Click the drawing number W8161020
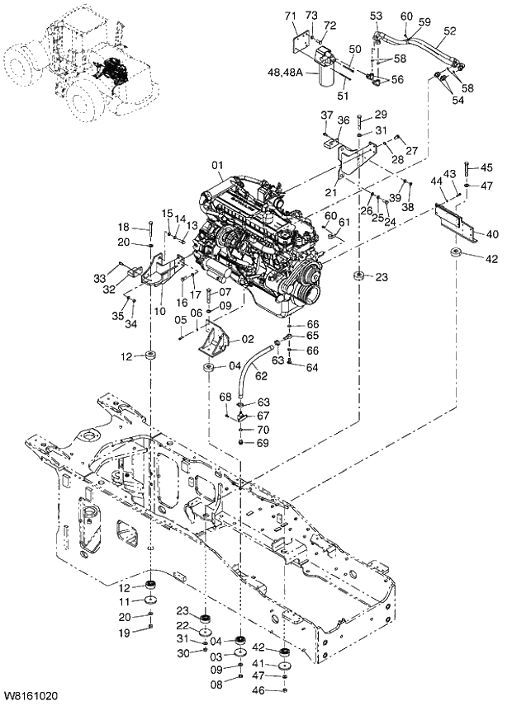pos(30,698)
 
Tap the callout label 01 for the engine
pos(217,165)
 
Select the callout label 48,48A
pos(288,73)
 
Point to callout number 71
pos(291,16)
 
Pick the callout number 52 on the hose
pos(450,31)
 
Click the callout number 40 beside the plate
pos(492,234)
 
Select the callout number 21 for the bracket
pos(330,191)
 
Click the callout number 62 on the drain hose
pos(262,375)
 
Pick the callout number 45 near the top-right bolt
pos(486,168)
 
